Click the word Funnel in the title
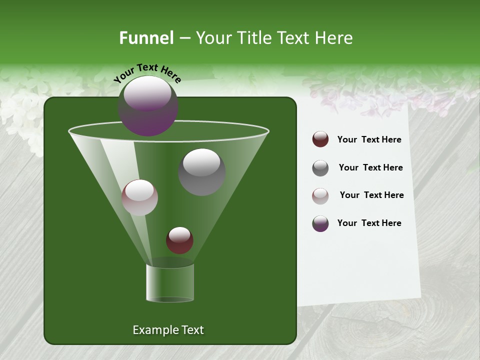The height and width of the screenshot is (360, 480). pyautogui.click(x=146, y=38)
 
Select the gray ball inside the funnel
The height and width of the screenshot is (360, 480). pyautogui.click(x=201, y=171)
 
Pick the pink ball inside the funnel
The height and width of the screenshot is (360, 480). pyautogui.click(x=139, y=197)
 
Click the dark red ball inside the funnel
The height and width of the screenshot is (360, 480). pyautogui.click(x=179, y=240)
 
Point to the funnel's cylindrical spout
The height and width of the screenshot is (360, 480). pyautogui.click(x=169, y=283)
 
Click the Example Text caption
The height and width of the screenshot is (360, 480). pyautogui.click(x=168, y=330)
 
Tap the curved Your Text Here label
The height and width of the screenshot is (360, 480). pyautogui.click(x=147, y=73)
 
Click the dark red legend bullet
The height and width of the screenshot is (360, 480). pyautogui.click(x=320, y=139)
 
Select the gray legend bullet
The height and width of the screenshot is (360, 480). pyautogui.click(x=320, y=168)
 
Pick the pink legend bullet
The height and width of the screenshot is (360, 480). pyautogui.click(x=320, y=196)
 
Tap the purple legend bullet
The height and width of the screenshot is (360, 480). pyautogui.click(x=320, y=223)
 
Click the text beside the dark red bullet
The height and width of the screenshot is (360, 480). pyautogui.click(x=369, y=140)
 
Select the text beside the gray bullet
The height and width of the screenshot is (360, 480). pyautogui.click(x=370, y=168)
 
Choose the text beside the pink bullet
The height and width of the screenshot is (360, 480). pyautogui.click(x=371, y=195)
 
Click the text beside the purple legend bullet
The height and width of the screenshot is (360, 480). pyautogui.click(x=369, y=223)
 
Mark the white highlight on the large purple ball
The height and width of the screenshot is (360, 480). pyautogui.click(x=147, y=93)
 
